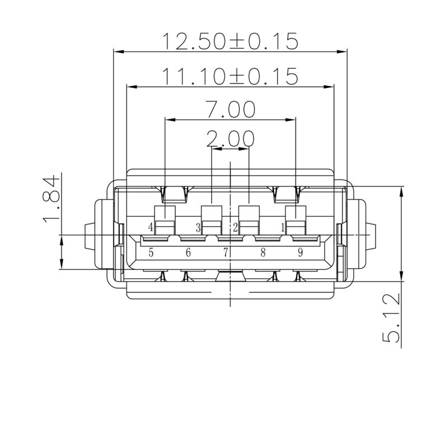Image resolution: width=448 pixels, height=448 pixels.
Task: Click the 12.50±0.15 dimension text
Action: coord(230,41)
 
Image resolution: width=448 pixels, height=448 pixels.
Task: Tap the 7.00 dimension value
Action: coord(230,109)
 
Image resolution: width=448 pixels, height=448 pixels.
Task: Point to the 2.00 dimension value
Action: coord(230,138)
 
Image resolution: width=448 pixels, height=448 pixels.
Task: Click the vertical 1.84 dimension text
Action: coord(51,199)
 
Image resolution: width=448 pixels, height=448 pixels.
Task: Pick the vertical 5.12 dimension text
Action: coord(391,319)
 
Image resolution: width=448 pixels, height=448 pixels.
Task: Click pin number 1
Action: coord(283,227)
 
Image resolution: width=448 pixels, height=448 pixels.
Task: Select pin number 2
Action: coord(236,227)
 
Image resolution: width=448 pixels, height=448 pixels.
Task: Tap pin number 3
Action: coord(198,227)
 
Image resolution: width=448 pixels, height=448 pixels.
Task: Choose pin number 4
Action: coord(151,227)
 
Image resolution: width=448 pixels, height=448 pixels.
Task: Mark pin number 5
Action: coord(151,253)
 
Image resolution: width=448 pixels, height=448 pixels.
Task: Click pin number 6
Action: coord(188,253)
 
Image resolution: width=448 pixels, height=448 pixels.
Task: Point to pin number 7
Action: coord(226,253)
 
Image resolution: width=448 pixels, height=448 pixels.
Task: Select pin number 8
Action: coord(263,253)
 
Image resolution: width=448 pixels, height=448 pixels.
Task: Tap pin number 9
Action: coord(300,253)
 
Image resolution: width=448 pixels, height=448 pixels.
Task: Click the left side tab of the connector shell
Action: coord(88,235)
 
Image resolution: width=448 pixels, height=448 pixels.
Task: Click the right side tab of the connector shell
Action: coord(371,235)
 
